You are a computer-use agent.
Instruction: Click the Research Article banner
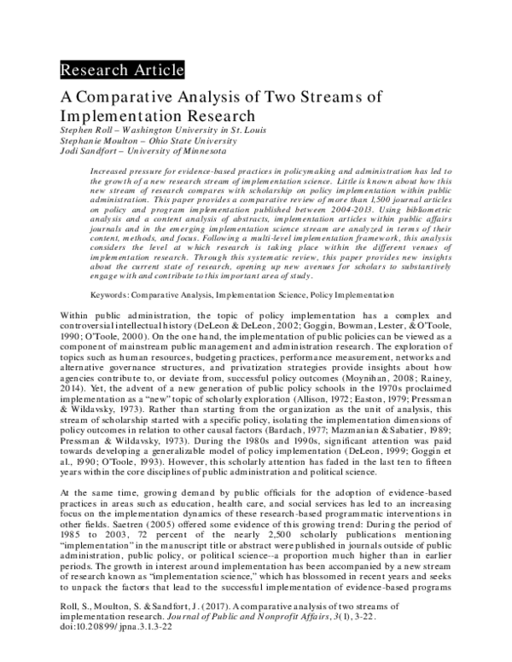coord(121,70)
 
